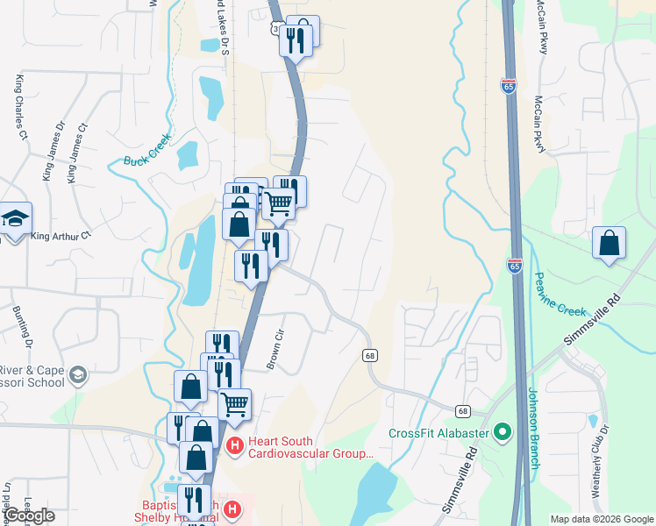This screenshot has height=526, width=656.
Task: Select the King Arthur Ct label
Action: pos(61,236)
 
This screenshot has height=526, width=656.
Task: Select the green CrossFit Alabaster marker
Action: pos(502,432)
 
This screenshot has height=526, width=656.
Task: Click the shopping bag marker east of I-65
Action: pos(609,243)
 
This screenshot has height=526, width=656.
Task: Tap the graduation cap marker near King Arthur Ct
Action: pos(15,219)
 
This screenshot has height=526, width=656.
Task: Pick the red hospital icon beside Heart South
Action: pos(234,447)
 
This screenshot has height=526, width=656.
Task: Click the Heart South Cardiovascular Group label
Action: pos(310,448)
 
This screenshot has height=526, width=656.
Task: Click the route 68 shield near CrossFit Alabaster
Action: pos(462,410)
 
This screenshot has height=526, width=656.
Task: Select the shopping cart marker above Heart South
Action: pos(234,405)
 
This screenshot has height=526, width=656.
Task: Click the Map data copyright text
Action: pos(602,519)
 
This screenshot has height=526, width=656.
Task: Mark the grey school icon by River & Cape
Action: pos(78,375)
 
